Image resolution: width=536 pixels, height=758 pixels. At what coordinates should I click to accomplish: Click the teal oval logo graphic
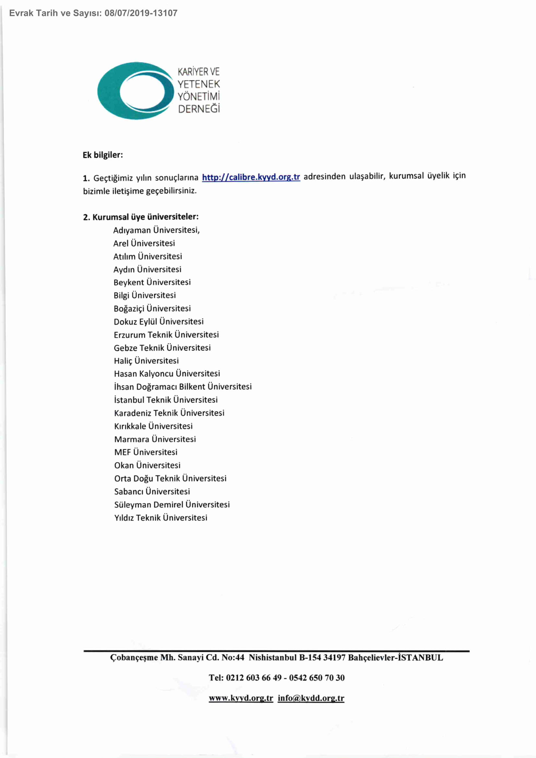(x=135, y=91)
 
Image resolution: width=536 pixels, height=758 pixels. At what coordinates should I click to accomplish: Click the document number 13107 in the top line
(x=165, y=13)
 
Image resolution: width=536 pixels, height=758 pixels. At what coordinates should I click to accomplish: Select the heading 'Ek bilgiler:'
(x=103, y=155)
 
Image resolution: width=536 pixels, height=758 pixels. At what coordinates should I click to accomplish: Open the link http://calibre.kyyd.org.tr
(x=251, y=177)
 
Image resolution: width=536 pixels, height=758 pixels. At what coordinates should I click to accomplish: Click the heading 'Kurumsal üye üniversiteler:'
(x=145, y=217)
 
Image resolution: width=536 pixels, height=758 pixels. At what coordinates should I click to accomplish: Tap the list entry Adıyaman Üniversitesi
(x=156, y=230)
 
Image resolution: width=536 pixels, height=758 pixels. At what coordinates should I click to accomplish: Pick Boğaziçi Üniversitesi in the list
(x=152, y=308)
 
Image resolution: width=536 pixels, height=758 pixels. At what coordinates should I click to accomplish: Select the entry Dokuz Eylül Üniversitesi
(x=159, y=321)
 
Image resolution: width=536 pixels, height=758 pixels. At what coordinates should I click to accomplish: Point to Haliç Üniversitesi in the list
(x=146, y=361)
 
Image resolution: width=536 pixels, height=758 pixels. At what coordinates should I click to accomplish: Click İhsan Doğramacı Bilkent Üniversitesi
(x=183, y=387)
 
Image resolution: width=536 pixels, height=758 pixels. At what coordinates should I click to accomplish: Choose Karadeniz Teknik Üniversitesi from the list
(x=169, y=413)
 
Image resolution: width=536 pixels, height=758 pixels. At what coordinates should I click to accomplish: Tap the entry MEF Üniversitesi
(x=146, y=452)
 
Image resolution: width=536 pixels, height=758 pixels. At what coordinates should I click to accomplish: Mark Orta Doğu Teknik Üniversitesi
(x=170, y=478)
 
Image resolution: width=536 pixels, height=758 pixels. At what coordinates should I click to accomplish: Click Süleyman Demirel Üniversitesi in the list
(x=172, y=504)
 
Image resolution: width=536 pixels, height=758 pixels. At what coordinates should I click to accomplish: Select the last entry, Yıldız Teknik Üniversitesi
(x=161, y=518)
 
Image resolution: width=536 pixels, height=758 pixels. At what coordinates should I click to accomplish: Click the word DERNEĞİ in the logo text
(x=199, y=109)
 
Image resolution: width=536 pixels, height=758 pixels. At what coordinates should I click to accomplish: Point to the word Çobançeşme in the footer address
(x=134, y=658)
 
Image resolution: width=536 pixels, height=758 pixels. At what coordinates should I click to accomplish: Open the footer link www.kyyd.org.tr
(x=241, y=698)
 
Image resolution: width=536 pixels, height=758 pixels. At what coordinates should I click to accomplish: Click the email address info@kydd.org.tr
(x=311, y=698)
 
